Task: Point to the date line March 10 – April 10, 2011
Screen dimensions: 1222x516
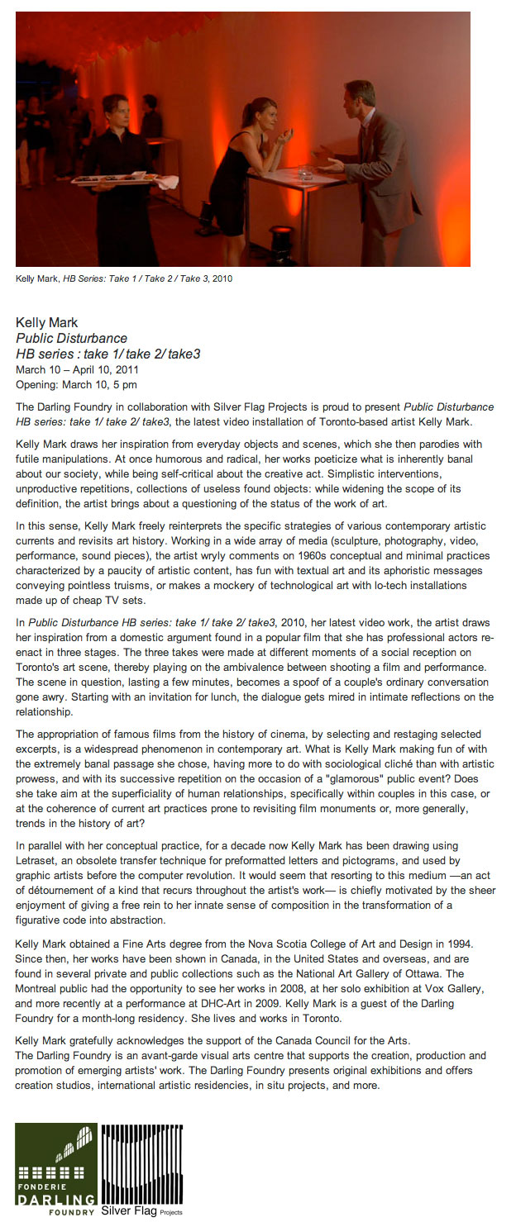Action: click(x=77, y=369)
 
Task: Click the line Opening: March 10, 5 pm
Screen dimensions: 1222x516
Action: click(x=76, y=384)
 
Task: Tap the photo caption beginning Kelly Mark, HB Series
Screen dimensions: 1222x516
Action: click(x=124, y=278)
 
